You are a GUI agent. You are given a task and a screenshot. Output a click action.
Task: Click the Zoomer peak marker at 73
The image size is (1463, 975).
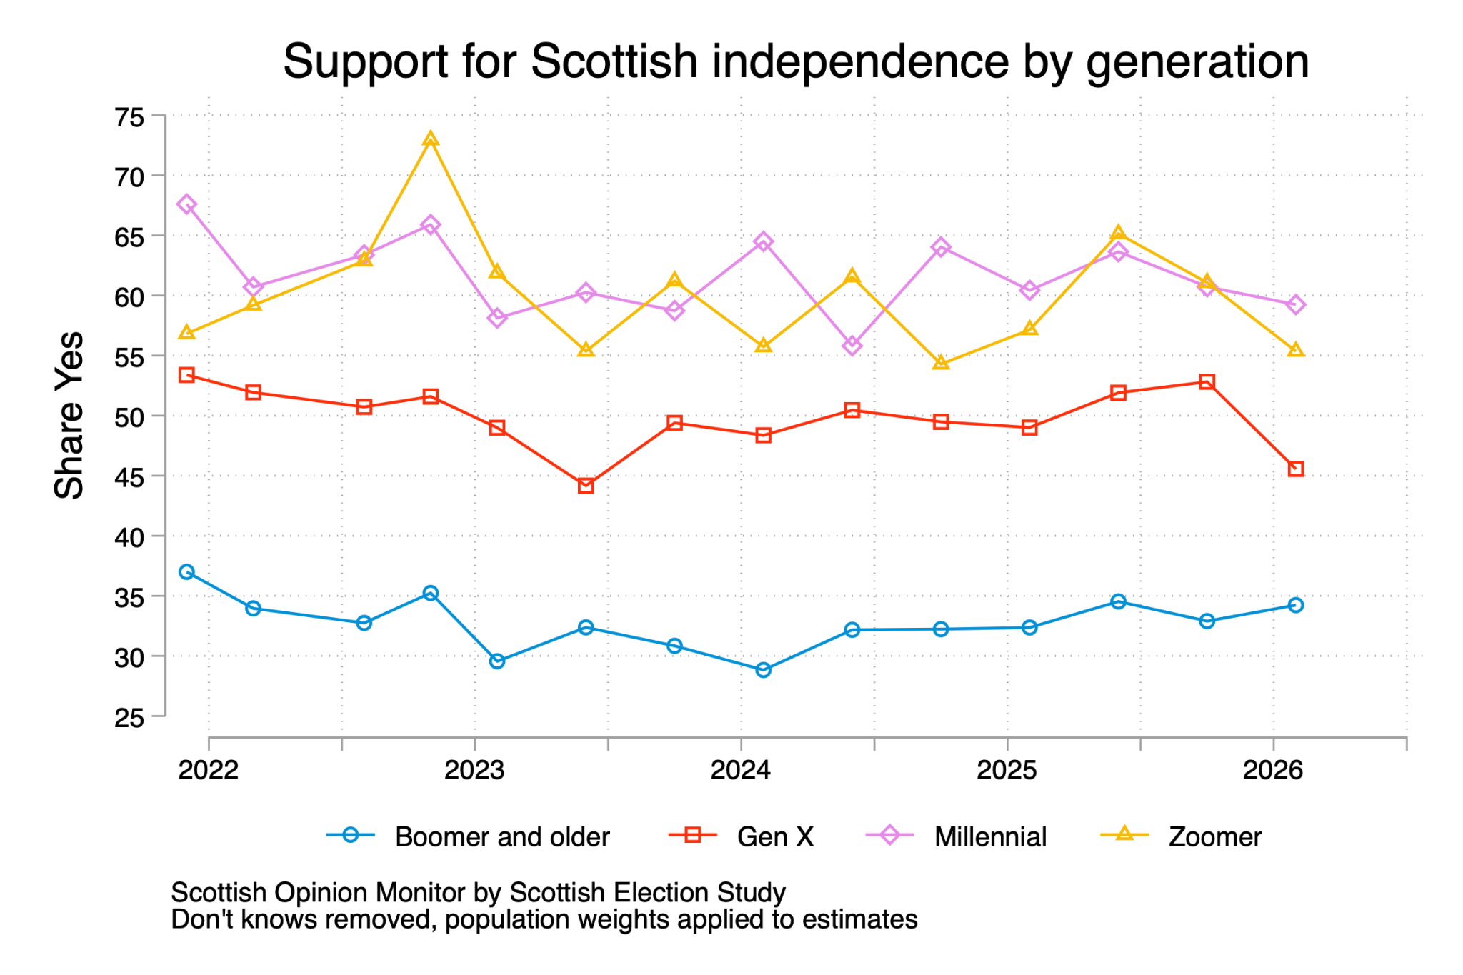click(x=430, y=139)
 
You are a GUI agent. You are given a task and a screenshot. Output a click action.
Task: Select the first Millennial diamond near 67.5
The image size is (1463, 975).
click(x=187, y=204)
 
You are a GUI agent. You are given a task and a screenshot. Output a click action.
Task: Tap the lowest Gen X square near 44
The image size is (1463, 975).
click(x=586, y=486)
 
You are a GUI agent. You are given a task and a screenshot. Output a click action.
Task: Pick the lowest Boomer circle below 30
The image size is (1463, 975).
click(x=763, y=669)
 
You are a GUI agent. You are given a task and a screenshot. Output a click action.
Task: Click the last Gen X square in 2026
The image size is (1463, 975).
click(x=1296, y=469)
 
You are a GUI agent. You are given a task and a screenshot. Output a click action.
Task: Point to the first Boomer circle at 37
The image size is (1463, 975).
click(x=187, y=571)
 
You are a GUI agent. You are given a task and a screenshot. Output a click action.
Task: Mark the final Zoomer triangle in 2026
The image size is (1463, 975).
click(x=1296, y=350)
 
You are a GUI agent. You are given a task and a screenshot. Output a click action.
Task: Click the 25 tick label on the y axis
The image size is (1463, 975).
click(x=129, y=717)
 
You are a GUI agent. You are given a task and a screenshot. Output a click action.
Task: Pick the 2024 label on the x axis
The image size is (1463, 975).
click(x=741, y=770)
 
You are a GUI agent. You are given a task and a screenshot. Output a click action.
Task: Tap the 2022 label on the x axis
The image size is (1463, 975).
click(x=208, y=770)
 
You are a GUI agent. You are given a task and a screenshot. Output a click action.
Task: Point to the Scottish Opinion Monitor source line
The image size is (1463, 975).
click(x=478, y=892)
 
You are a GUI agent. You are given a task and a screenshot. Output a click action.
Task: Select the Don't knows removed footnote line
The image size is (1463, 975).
click(x=544, y=919)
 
